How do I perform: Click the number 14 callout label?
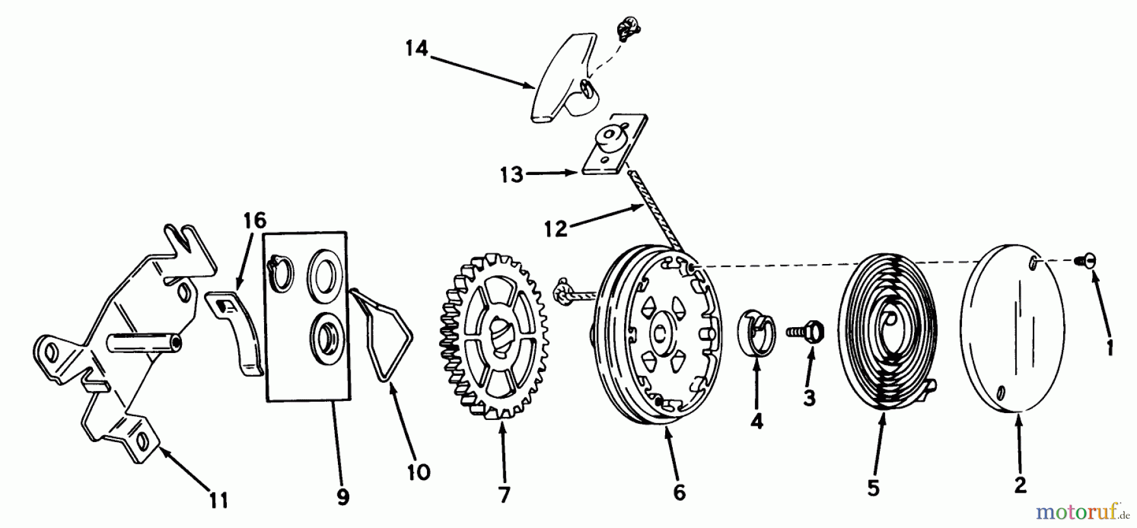pyautogui.click(x=417, y=48)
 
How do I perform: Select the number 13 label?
pyautogui.click(x=512, y=175)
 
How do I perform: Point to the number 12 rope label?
pyautogui.click(x=556, y=229)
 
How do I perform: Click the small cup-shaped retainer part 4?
pyautogui.click(x=756, y=329)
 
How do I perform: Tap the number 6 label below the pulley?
pyautogui.click(x=679, y=492)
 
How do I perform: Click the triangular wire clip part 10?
pyautogui.click(x=384, y=335)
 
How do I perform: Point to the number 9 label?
pyautogui.click(x=342, y=497)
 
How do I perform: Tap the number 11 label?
pyautogui.click(x=219, y=501)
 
